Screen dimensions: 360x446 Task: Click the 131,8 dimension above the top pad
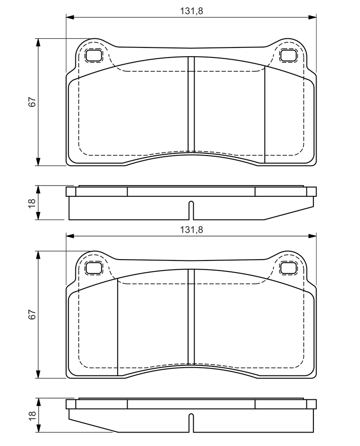tap(192, 11)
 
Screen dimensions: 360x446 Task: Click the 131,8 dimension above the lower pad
tap(192, 230)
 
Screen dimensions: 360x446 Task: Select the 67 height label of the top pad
tap(32, 102)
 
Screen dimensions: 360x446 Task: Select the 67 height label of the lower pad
tap(32, 314)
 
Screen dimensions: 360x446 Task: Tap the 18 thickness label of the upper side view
tap(32, 203)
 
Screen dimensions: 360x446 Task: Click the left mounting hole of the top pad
tap(94, 55)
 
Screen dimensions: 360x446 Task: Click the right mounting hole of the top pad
tap(289, 55)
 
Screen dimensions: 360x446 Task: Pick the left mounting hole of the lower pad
tap(94, 268)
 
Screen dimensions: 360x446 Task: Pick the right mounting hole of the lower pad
tap(289, 268)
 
